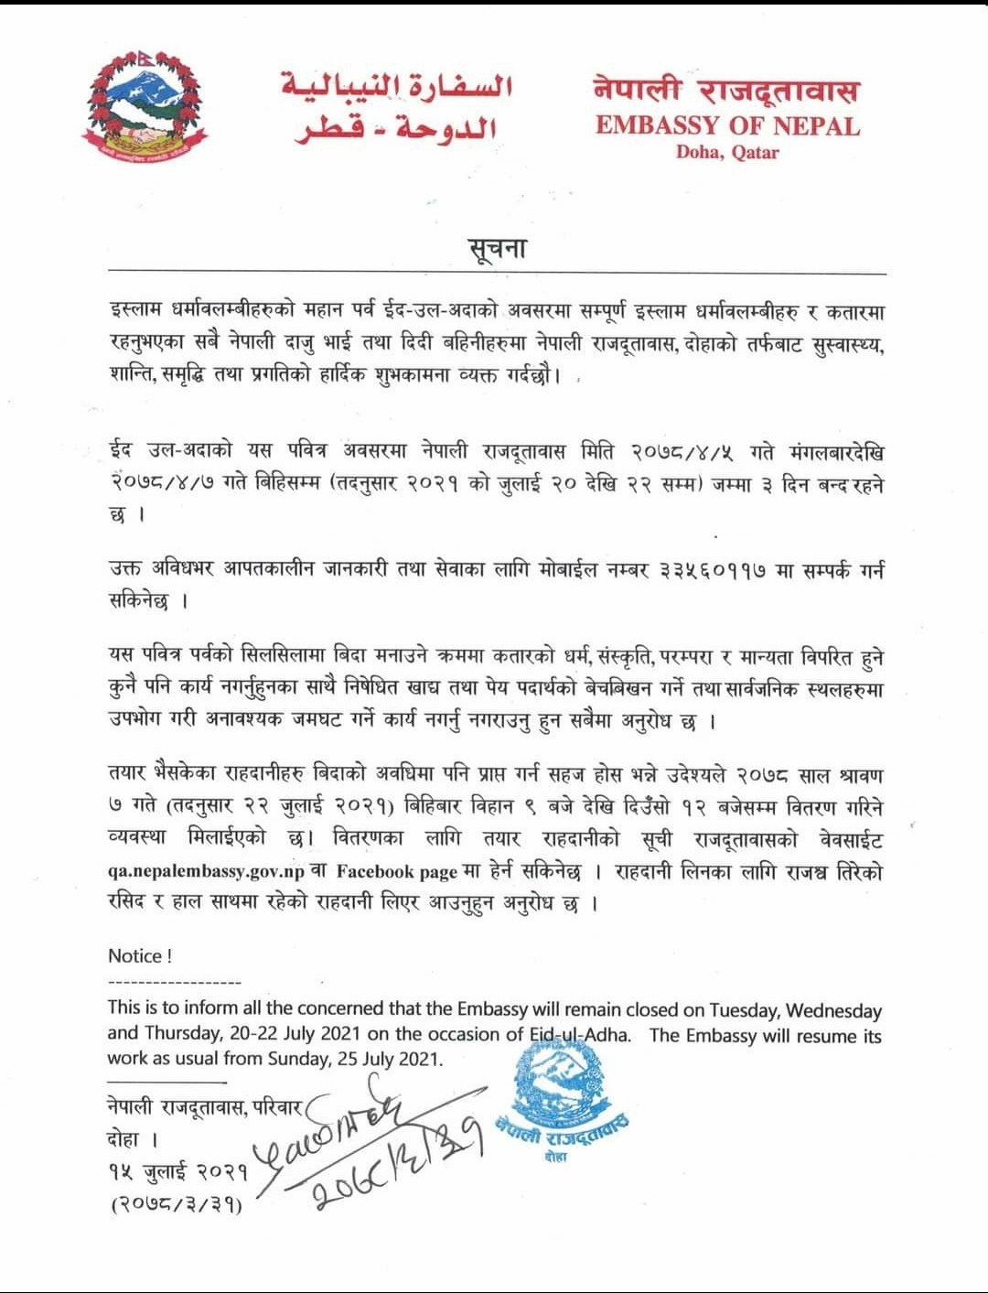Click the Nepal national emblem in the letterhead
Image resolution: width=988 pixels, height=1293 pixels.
tap(144, 108)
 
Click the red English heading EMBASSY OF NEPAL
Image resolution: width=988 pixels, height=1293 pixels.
tap(727, 125)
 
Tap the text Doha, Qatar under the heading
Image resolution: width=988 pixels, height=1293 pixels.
tap(727, 152)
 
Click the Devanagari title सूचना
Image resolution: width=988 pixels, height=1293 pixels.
tap(497, 248)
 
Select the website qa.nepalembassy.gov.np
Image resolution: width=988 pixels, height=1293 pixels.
tap(206, 872)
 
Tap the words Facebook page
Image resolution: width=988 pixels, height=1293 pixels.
tap(396, 872)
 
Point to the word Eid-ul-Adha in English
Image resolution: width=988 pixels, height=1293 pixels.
tap(579, 1035)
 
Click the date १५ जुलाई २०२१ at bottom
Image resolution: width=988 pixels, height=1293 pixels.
tap(177, 1171)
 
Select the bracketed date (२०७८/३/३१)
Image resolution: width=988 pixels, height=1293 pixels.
tap(177, 1204)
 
